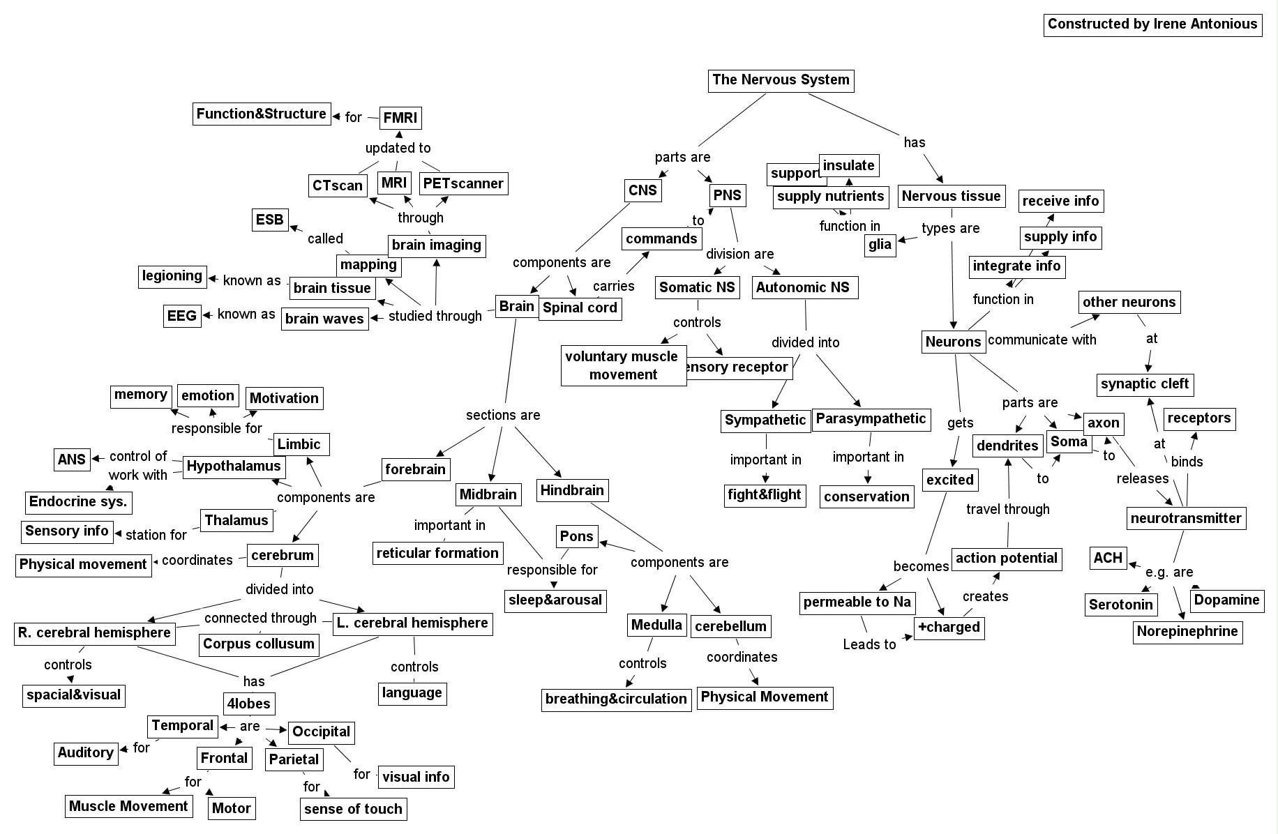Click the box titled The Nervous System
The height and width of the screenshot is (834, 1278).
pos(781,80)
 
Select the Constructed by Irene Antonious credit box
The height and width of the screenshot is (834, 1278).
pos(1152,24)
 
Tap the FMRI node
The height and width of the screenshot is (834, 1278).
pos(400,118)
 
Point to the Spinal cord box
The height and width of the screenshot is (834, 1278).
pos(580,308)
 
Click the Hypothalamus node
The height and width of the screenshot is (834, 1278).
pos(234,467)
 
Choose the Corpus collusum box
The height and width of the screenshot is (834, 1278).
pos(259,644)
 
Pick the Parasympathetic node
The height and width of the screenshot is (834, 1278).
pos(871,419)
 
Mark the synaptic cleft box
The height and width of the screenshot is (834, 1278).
pos(1145,384)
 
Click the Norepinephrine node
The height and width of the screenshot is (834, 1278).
pos(1187,632)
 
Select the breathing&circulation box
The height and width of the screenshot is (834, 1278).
pos(616,699)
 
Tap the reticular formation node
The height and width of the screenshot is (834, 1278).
pos(437,554)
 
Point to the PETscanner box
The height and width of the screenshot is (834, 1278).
pos(463,184)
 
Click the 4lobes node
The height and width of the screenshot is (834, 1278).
pos(249,704)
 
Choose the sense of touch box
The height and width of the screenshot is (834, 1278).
pos(353,810)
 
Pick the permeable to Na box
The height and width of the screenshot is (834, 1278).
pos(857,602)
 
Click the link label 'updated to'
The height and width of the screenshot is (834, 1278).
pos(398,148)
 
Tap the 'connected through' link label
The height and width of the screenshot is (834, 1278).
pos(260,619)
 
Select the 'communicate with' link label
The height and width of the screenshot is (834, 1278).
pos(1042,340)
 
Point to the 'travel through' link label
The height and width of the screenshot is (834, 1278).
pos(1007,510)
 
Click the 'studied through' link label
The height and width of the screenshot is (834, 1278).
pos(435,317)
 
